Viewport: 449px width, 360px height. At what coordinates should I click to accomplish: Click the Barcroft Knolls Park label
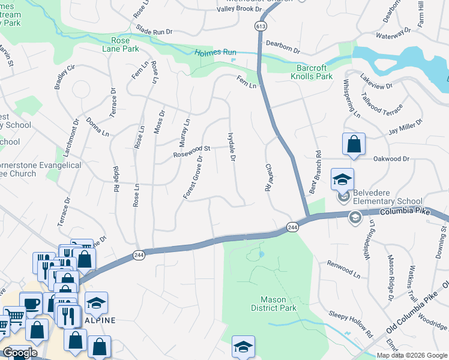click(312, 72)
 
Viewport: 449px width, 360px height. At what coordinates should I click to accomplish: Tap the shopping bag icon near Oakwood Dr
click(354, 145)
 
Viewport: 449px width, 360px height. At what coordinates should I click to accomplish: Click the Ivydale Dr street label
click(231, 147)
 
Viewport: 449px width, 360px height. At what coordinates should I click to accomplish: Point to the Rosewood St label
click(193, 148)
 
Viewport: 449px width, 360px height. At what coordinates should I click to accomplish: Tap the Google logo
click(20, 353)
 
